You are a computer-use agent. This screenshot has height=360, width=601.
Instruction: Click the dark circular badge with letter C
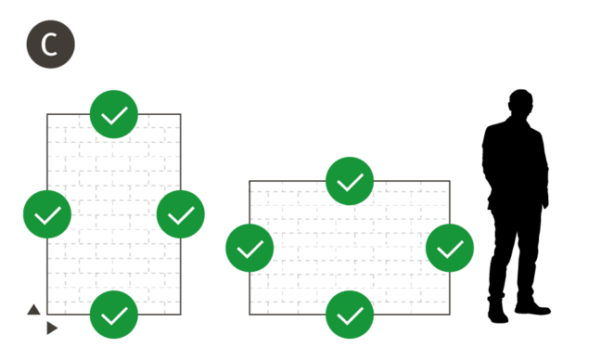click(x=50, y=44)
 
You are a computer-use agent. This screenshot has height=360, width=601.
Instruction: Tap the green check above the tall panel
click(x=114, y=114)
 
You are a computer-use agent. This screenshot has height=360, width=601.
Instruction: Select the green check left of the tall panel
click(x=47, y=214)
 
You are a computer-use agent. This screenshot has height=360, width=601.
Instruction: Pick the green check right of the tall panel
click(x=181, y=214)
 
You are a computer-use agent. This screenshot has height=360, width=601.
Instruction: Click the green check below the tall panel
click(x=114, y=315)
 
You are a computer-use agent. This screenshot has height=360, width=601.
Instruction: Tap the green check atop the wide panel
click(x=350, y=181)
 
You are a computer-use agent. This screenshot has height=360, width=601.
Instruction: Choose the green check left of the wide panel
click(x=249, y=248)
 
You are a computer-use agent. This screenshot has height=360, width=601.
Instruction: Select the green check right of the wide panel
click(x=450, y=248)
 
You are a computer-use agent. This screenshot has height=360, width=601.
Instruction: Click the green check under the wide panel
click(x=350, y=315)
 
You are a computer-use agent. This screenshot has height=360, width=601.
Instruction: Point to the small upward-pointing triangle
click(x=33, y=310)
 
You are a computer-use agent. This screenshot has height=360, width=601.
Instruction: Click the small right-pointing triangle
click(x=52, y=328)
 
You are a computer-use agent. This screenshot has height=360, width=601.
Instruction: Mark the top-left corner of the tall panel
click(x=46, y=114)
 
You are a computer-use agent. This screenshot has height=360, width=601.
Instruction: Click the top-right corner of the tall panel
click(x=181, y=114)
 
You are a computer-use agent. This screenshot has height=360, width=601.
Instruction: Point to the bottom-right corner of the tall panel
click(x=181, y=315)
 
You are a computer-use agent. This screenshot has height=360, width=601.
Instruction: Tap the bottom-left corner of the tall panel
click(x=46, y=315)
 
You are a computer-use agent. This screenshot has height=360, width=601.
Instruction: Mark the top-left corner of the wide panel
click(x=249, y=181)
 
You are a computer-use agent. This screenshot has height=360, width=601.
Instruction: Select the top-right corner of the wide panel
click(x=451, y=181)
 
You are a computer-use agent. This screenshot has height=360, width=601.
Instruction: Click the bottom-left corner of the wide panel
click(x=249, y=315)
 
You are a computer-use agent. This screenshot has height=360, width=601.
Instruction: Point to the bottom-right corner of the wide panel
click(x=451, y=315)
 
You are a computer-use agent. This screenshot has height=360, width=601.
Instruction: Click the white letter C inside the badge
click(x=50, y=44)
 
